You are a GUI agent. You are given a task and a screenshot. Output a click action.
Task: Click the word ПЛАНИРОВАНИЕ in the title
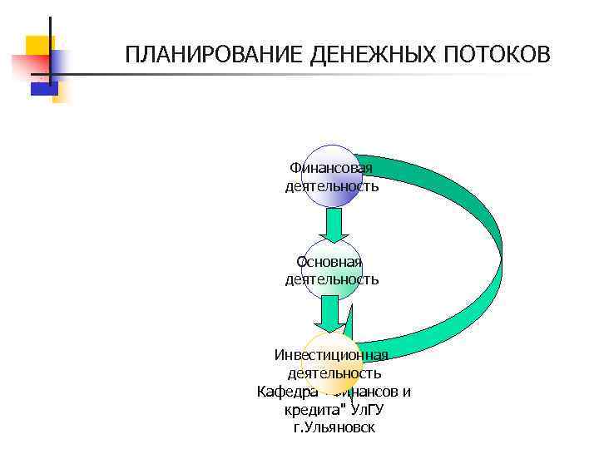click(x=214, y=55)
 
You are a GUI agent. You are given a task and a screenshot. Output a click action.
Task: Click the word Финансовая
click(x=331, y=169)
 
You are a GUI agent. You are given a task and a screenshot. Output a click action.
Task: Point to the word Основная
click(x=331, y=262)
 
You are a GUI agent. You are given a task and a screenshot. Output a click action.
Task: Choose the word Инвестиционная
click(x=331, y=355)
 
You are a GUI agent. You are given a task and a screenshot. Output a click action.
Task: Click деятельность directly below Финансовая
click(x=331, y=186)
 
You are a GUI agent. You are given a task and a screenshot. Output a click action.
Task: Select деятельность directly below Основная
click(x=331, y=279)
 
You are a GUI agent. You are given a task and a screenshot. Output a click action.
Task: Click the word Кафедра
click(x=287, y=392)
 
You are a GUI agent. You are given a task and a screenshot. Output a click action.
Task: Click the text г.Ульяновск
click(x=334, y=428)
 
